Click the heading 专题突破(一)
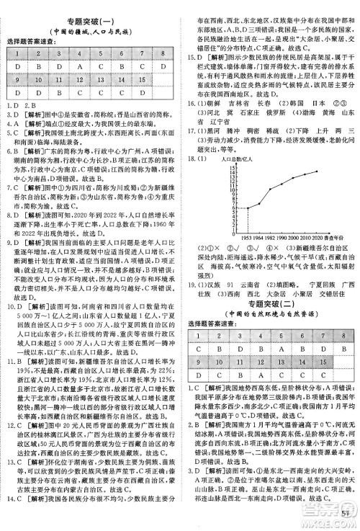[90, 9]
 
